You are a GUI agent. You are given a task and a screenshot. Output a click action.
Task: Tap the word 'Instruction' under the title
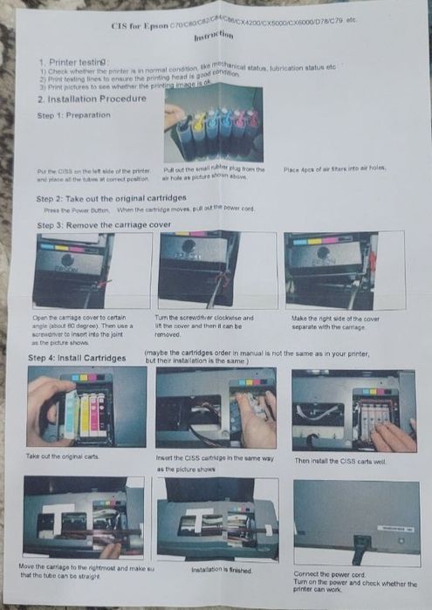point(214,37)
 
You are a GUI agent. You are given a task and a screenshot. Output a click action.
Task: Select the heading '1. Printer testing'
point(76,63)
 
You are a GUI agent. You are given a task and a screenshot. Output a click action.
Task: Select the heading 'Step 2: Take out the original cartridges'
point(122,199)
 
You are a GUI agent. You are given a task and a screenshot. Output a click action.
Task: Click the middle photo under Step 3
point(200,270)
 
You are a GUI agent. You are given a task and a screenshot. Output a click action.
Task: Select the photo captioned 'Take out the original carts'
point(86,407)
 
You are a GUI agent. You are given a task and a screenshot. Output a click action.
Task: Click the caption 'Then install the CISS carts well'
point(339,461)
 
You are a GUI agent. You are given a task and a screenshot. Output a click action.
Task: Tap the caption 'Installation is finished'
point(222,569)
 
